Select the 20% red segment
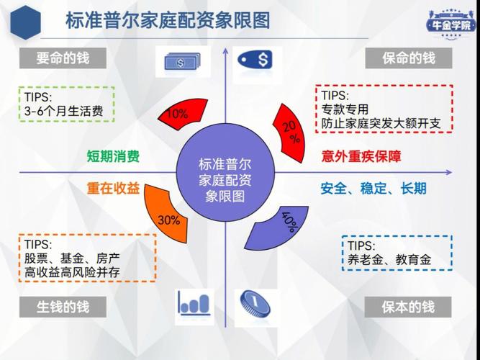click(290, 132)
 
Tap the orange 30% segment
click(166, 215)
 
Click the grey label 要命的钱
click(63, 58)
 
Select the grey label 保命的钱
click(408, 58)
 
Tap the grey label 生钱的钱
click(63, 307)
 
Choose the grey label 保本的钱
click(408, 307)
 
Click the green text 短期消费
click(113, 156)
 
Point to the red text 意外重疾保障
click(361, 156)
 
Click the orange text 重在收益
click(113, 188)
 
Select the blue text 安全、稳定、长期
click(373, 188)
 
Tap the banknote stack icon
click(183, 62)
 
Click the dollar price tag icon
click(255, 59)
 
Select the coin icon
click(255, 304)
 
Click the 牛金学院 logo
click(451, 24)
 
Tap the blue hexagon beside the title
click(25, 22)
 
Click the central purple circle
click(225, 172)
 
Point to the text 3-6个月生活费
click(63, 111)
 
